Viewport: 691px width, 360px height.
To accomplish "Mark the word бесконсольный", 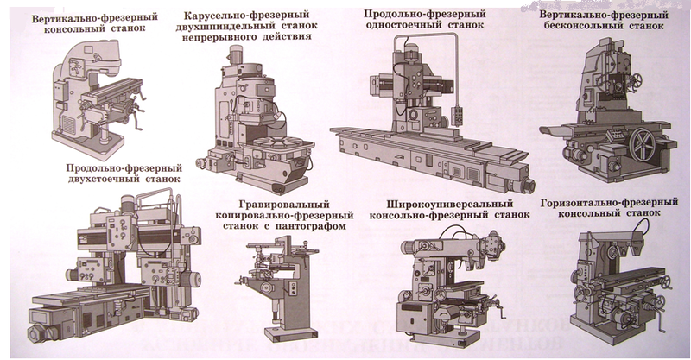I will point(593,28).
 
